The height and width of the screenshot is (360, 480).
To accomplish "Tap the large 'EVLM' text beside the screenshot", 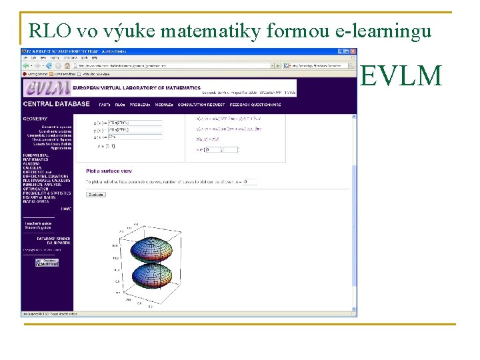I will tap(401, 77).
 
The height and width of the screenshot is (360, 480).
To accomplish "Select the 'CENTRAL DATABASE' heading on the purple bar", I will tap(56, 105).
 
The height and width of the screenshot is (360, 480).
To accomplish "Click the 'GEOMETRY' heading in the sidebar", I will tap(35, 119).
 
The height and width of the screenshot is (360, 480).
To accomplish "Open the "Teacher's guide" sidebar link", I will tap(38, 223).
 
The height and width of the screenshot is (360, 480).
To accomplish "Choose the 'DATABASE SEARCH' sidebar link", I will tap(40, 239).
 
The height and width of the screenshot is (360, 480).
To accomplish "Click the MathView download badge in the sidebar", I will tap(48, 263).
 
